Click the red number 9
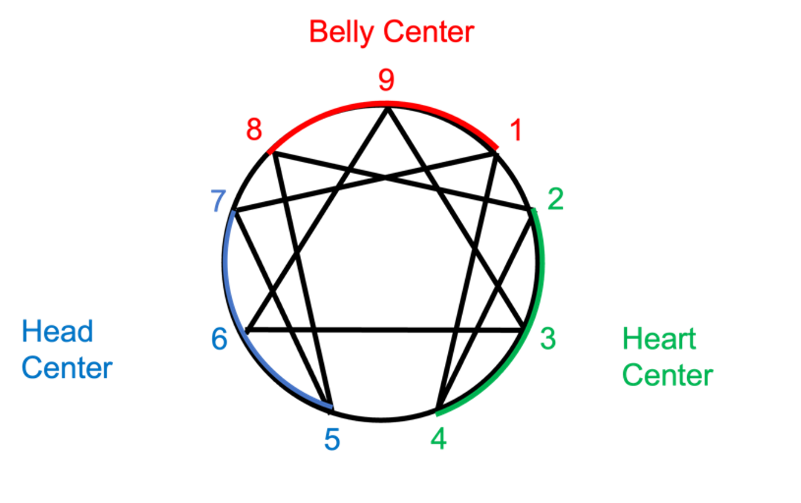386,81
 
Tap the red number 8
254,130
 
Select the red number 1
515,131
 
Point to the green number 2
555,201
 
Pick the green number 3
548,338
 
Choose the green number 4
438,440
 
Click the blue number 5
332,440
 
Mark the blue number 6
219,340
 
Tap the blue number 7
218,202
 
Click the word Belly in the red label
341,32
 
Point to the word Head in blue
57,331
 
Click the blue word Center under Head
67,368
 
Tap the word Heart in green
659,339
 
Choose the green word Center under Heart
667,375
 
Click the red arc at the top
383,104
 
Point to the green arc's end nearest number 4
438,414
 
